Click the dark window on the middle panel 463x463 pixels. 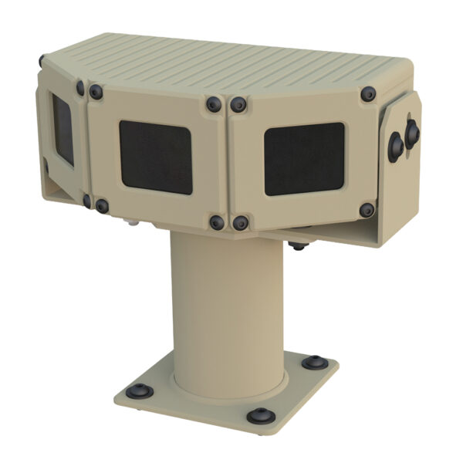coord(155,157)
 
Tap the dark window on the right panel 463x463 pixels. coord(304,158)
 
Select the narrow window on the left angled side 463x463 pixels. coord(63,132)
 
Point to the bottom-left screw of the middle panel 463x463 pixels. coord(101,206)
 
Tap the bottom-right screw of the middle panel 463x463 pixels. coord(217,222)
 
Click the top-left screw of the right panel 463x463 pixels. coord(239,103)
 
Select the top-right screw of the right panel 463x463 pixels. coord(368,93)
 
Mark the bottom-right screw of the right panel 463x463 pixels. coord(367,209)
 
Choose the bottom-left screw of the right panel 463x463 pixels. coord(240,223)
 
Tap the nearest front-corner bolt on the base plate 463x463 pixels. coord(259,416)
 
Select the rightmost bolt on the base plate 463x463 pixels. coord(314,362)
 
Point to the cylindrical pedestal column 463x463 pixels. coord(228,309)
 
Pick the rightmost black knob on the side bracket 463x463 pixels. coord(412,133)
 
